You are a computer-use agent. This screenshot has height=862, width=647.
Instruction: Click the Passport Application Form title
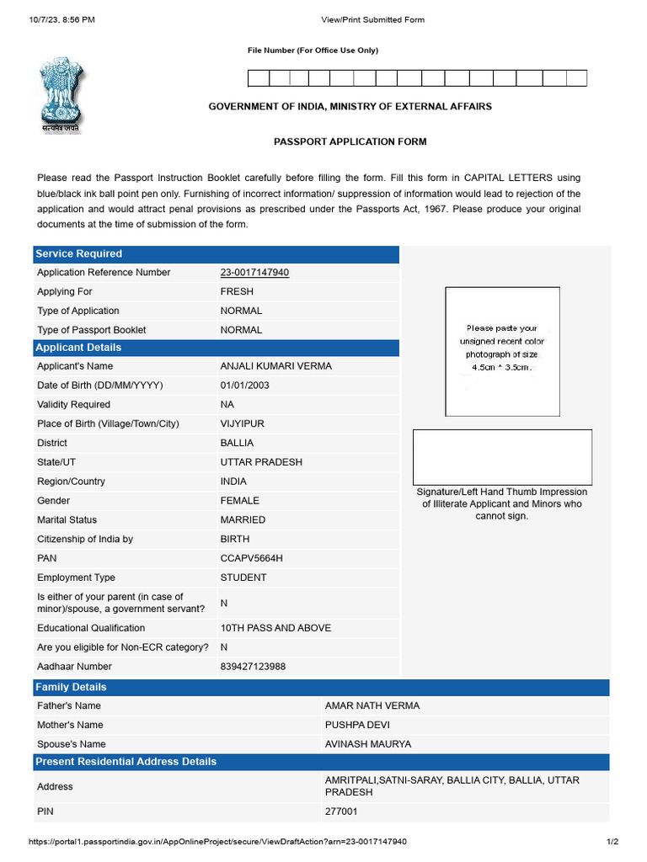tap(350, 141)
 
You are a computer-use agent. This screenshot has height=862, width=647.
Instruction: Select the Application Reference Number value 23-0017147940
tap(254, 272)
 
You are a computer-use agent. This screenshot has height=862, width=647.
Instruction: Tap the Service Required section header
tap(78, 253)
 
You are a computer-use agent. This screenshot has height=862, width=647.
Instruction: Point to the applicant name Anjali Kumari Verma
tap(275, 366)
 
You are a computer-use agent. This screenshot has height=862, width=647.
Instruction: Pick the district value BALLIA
tap(237, 443)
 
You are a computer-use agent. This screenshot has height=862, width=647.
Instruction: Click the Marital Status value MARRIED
tap(243, 519)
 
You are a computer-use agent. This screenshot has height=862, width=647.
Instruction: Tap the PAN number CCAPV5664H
tap(251, 557)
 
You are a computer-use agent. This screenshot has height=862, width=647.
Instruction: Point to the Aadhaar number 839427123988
tap(253, 666)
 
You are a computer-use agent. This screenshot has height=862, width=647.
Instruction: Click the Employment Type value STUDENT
tap(243, 577)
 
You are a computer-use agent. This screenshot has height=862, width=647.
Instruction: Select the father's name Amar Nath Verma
tap(372, 705)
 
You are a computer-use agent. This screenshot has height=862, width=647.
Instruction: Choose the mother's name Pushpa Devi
tap(357, 725)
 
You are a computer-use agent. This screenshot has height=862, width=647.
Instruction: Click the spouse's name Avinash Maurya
tap(368, 744)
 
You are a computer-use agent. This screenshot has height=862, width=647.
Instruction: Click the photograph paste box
tap(502, 351)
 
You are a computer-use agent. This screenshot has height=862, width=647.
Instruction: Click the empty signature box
tap(502, 456)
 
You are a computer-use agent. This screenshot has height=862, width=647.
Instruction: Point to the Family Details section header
tap(71, 687)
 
